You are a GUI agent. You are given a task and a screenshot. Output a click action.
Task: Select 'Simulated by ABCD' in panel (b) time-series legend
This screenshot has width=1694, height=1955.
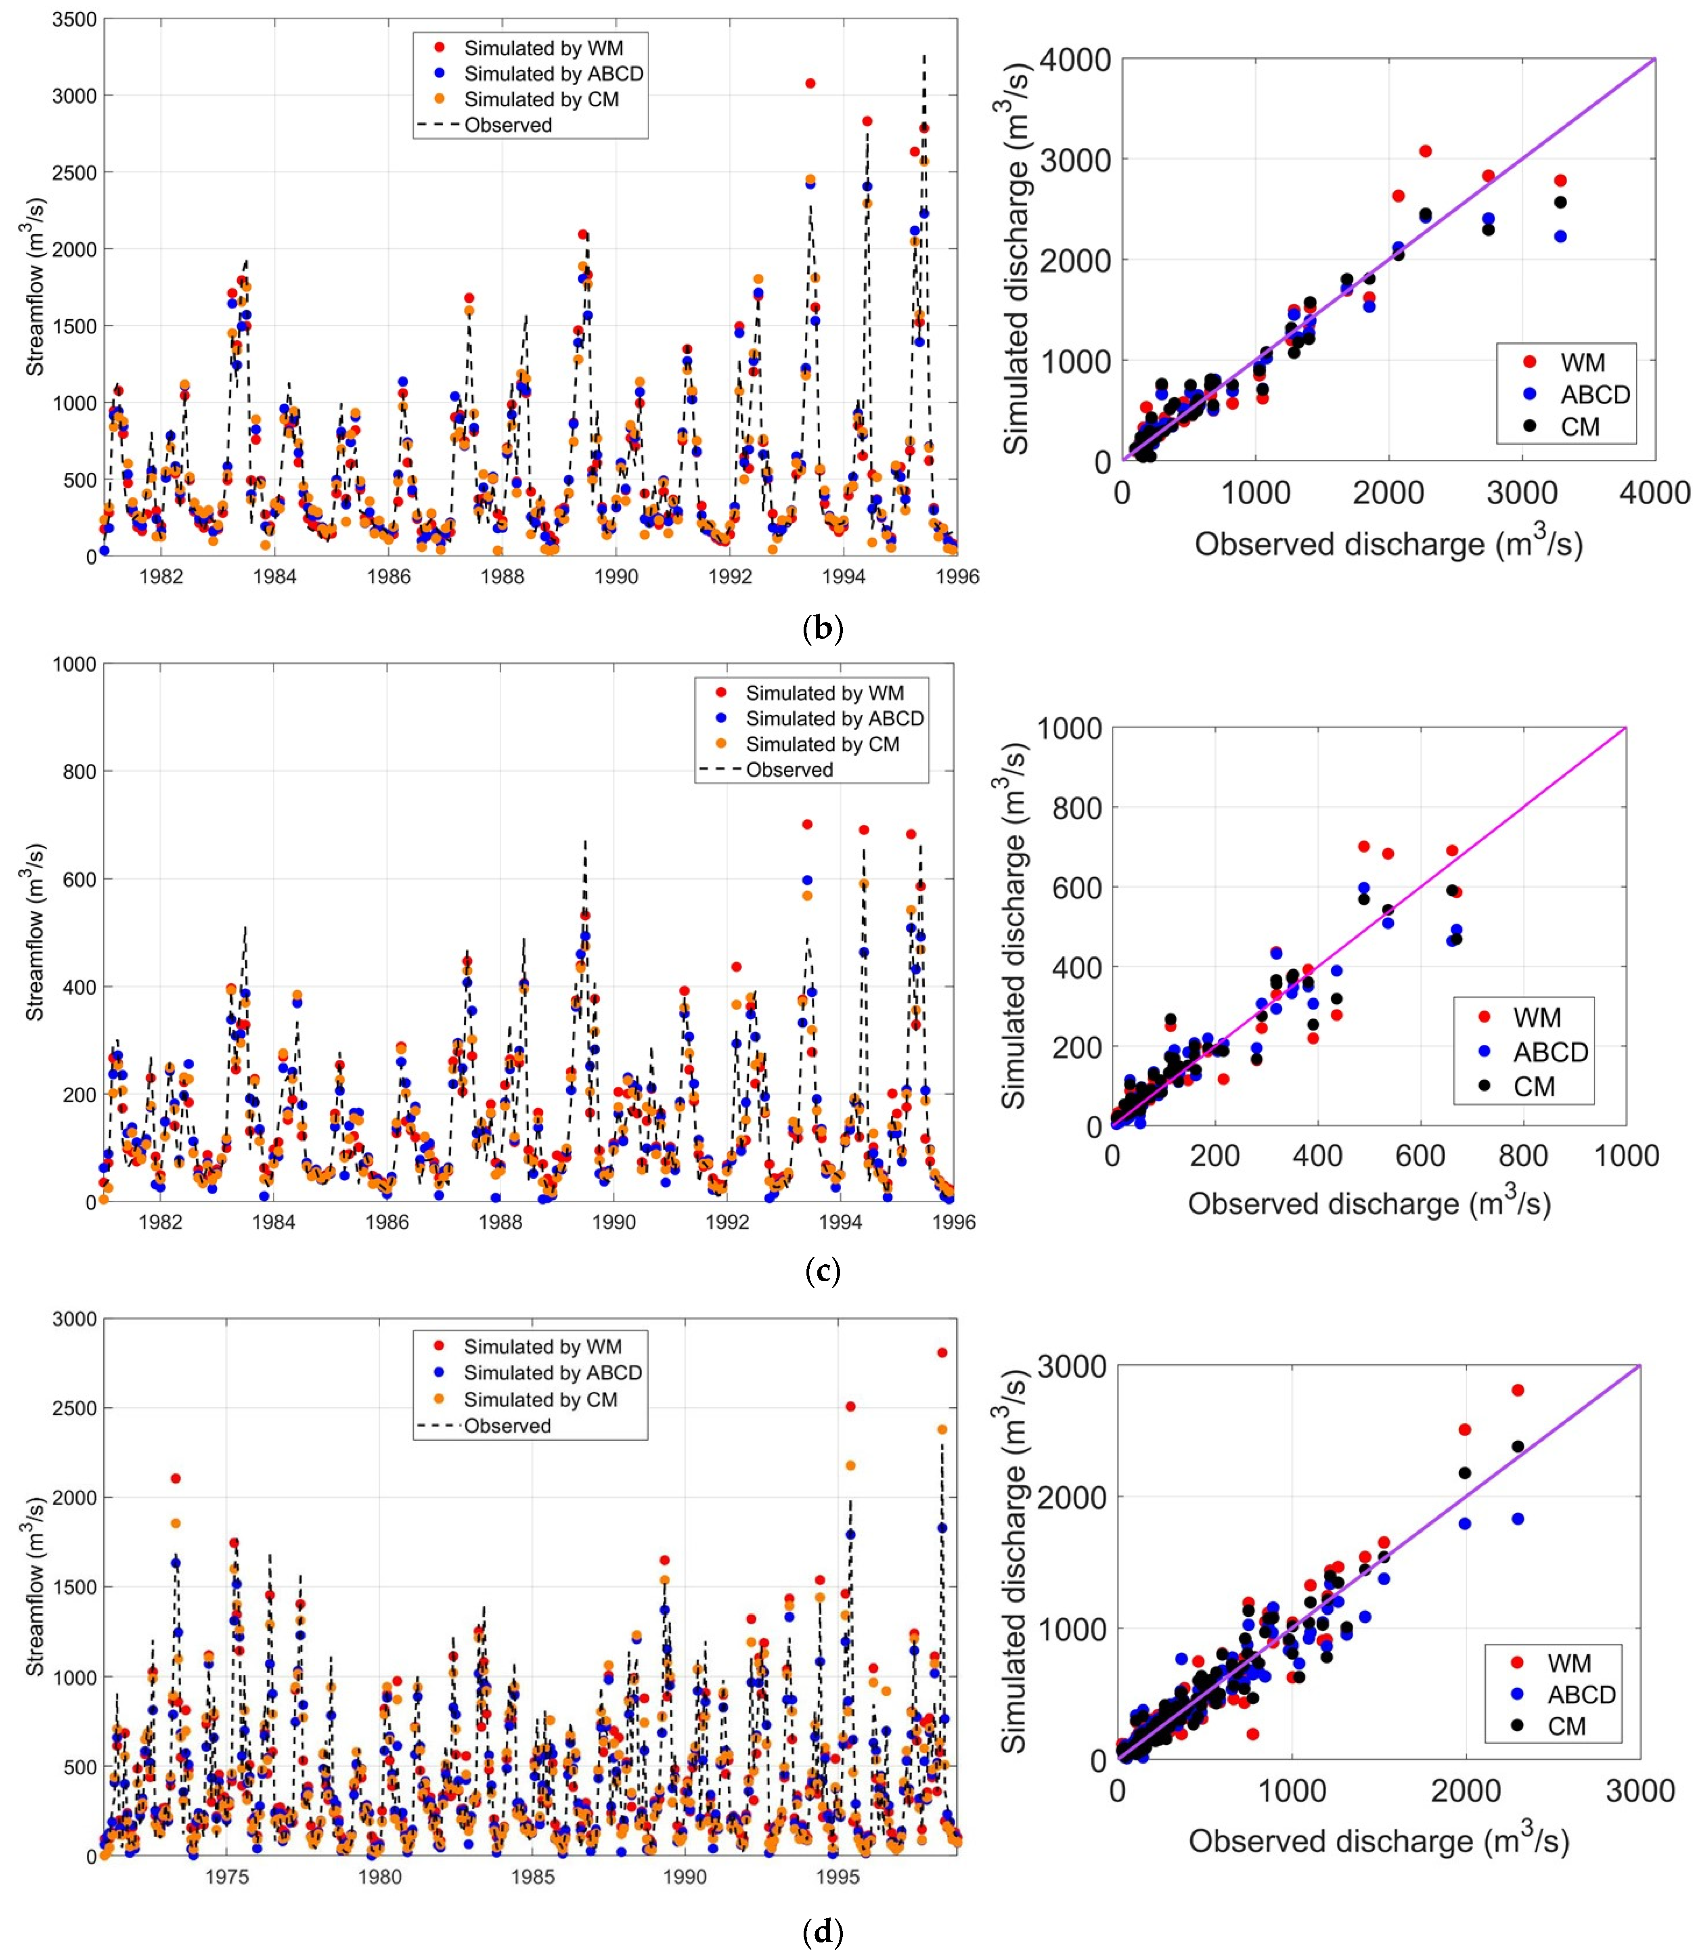pos(553,74)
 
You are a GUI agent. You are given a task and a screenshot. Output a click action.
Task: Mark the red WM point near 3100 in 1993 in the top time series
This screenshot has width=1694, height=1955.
pos(810,83)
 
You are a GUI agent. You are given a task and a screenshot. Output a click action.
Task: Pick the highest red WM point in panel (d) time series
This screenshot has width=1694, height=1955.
pos(942,1353)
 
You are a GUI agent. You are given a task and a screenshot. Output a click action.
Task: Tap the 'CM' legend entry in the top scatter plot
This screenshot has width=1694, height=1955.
pos(1580,426)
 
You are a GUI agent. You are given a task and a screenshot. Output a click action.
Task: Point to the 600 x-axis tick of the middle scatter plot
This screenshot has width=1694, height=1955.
pos(1420,1155)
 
